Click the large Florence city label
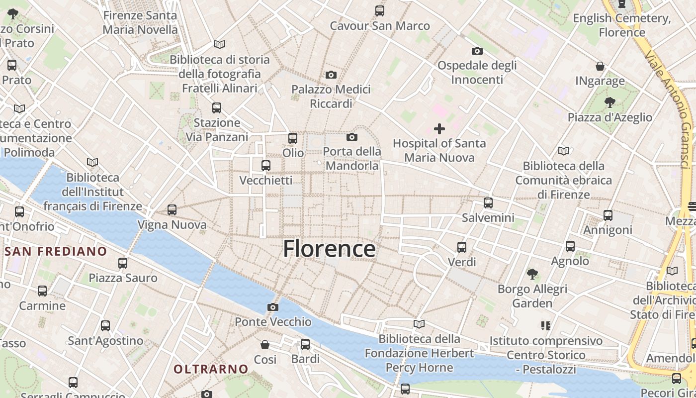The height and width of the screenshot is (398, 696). click(329, 249)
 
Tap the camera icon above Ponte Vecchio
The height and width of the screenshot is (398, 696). click(272, 307)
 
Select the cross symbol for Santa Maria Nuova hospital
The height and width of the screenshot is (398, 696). click(439, 129)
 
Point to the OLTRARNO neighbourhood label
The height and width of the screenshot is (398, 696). click(211, 369)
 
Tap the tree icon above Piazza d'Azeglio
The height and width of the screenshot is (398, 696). click(609, 102)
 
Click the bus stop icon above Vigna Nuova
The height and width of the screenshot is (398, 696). click(172, 210)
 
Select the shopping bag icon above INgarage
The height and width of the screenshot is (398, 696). click(600, 66)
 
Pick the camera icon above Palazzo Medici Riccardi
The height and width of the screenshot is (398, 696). click(331, 75)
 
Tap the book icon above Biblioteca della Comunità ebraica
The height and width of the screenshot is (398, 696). click(564, 151)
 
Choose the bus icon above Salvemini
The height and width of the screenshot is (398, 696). click(488, 203)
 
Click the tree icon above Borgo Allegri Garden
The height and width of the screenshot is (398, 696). click(532, 274)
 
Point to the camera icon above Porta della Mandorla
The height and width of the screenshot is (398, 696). click(352, 137)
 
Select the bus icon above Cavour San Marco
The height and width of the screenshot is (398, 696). click(380, 10)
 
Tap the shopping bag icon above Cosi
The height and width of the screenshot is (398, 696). click(265, 344)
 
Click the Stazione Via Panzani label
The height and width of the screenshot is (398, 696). click(217, 129)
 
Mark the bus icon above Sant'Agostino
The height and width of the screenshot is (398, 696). click(105, 326)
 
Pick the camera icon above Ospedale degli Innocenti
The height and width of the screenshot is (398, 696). click(477, 51)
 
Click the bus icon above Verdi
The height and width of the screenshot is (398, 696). click(462, 247)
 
